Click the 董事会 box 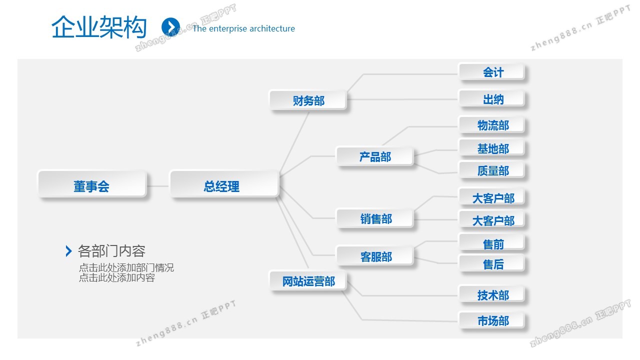pyautogui.click(x=92, y=184)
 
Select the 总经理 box pyautogui.click(x=224, y=184)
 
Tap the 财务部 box pyautogui.click(x=308, y=100)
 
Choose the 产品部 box pyautogui.click(x=375, y=156)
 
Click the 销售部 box pyautogui.click(x=375, y=218)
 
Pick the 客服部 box pyautogui.click(x=375, y=256)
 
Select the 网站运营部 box pyautogui.click(x=308, y=281)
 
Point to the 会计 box pyautogui.click(x=492, y=72)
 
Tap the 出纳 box pyautogui.click(x=492, y=99)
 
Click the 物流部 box pyautogui.click(x=492, y=125)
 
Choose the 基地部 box pyautogui.click(x=492, y=148)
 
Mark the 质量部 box pyautogui.click(x=492, y=170)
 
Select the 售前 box pyautogui.click(x=492, y=243)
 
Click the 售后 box pyautogui.click(x=492, y=263)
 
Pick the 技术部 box pyautogui.click(x=492, y=294)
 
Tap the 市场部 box pyautogui.click(x=492, y=320)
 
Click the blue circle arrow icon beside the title pyautogui.click(x=170, y=27)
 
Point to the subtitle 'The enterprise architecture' pyautogui.click(x=243, y=28)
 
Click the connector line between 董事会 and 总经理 pyautogui.click(x=158, y=186)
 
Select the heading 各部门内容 pyautogui.click(x=111, y=251)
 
